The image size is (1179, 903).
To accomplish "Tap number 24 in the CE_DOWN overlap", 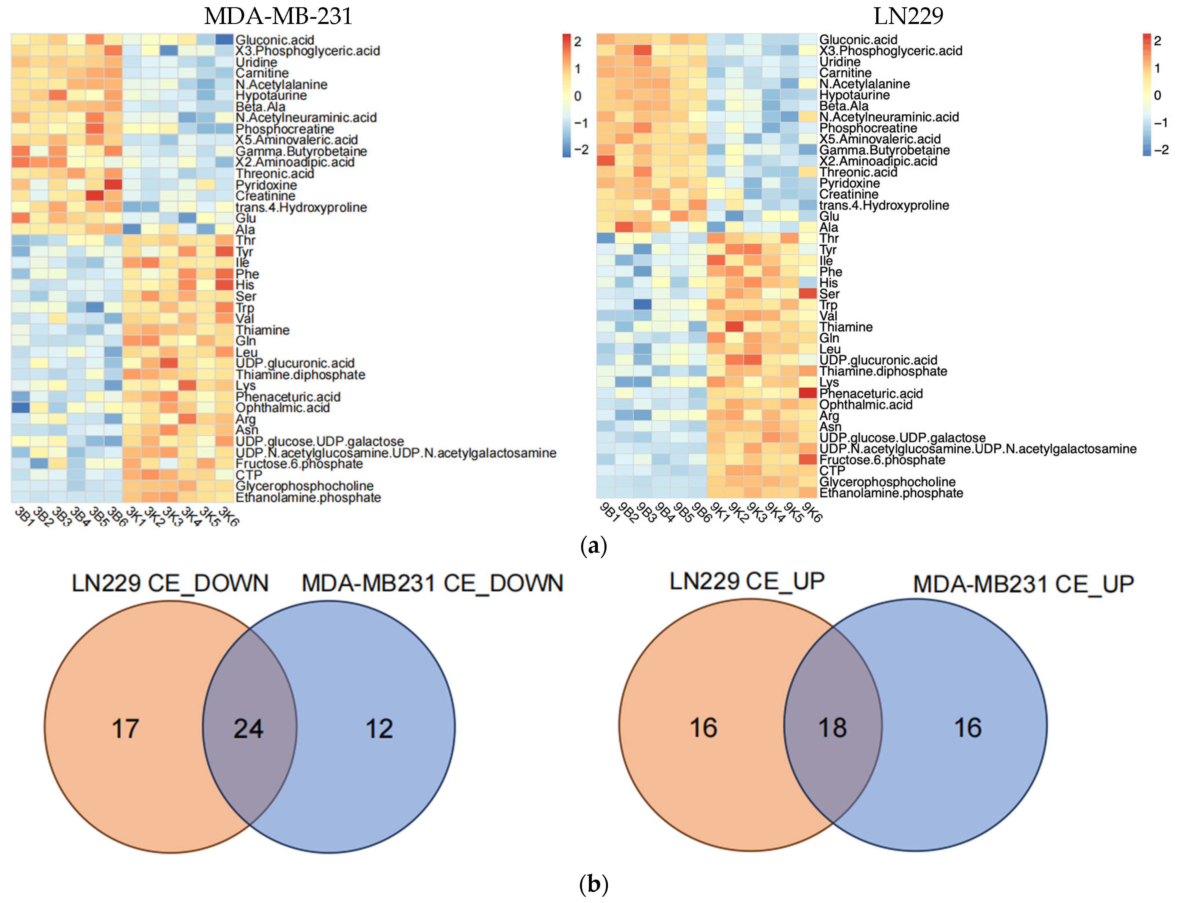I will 248,729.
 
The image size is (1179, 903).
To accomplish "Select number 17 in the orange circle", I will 125,729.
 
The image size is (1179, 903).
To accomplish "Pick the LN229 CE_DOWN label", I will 170,584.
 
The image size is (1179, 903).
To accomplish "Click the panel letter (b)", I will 594,884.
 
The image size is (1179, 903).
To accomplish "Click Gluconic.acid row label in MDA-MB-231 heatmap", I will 275,40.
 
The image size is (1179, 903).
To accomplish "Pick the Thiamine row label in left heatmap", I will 262,330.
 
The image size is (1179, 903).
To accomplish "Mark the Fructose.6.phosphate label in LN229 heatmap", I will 882,460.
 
